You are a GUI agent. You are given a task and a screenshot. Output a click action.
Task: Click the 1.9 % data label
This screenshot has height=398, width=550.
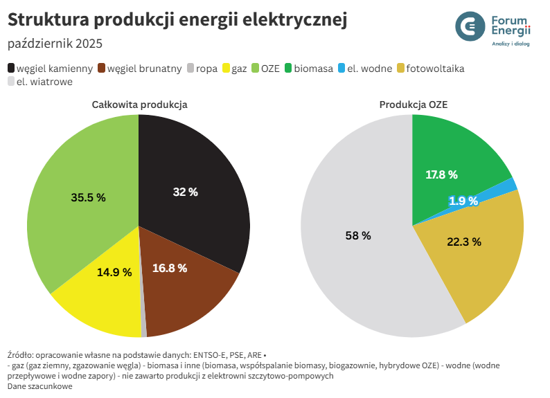click(x=463, y=201)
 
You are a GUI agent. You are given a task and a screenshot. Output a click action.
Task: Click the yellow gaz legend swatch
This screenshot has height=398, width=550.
click(x=225, y=68)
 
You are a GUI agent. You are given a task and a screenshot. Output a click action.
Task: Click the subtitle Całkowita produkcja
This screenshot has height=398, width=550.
click(x=139, y=105)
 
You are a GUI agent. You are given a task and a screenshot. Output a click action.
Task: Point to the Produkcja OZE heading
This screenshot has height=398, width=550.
click(x=414, y=105)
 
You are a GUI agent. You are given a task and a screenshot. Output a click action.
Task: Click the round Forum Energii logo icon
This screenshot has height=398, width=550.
click(x=471, y=26)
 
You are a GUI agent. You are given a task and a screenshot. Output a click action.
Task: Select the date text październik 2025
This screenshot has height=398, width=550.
click(x=55, y=44)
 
